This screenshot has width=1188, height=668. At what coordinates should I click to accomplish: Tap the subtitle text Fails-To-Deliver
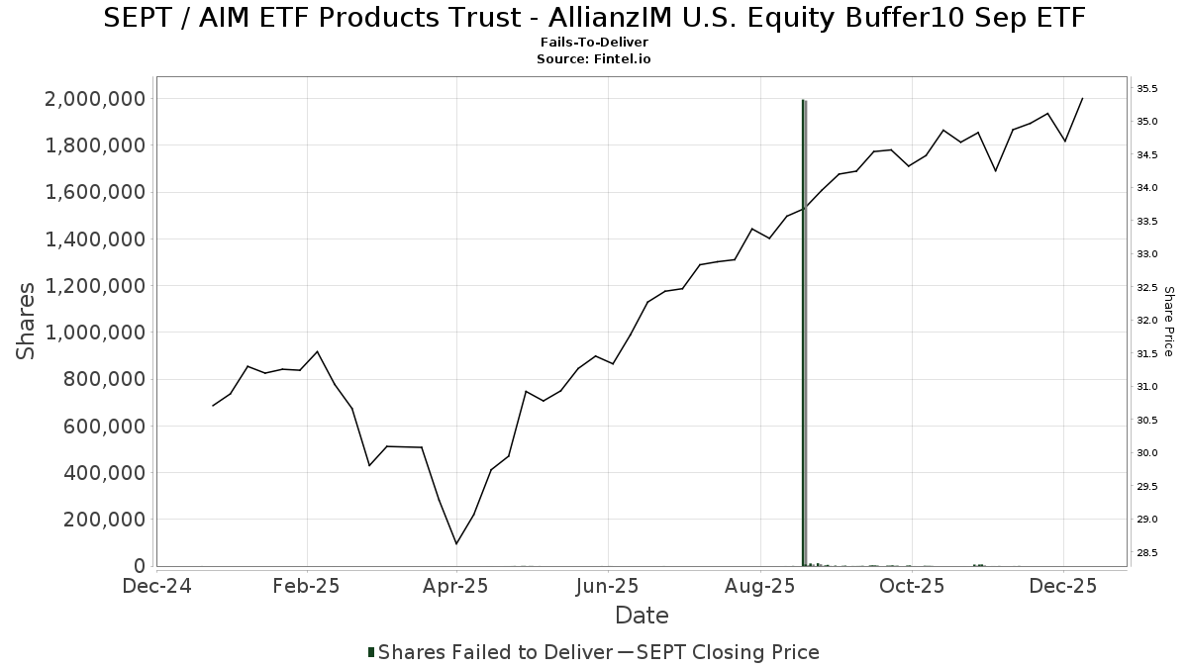point(594,44)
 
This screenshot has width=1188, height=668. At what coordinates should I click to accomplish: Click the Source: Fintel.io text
point(594,59)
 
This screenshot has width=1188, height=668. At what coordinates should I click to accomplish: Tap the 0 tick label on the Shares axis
point(140,566)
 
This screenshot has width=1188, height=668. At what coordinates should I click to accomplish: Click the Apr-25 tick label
point(456,586)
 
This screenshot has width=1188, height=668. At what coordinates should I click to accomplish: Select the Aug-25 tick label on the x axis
point(759,586)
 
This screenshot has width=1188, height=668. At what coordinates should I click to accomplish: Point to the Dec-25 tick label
point(1062,586)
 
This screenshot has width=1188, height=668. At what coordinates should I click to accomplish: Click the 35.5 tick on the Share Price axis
point(1147,89)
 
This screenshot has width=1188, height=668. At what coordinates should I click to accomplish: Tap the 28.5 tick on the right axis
point(1147,552)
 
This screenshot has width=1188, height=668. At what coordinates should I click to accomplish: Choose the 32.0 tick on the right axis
point(1147,321)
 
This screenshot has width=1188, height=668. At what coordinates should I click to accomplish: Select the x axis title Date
point(642,616)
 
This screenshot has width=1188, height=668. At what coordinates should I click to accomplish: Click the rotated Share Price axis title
point(1169,321)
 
